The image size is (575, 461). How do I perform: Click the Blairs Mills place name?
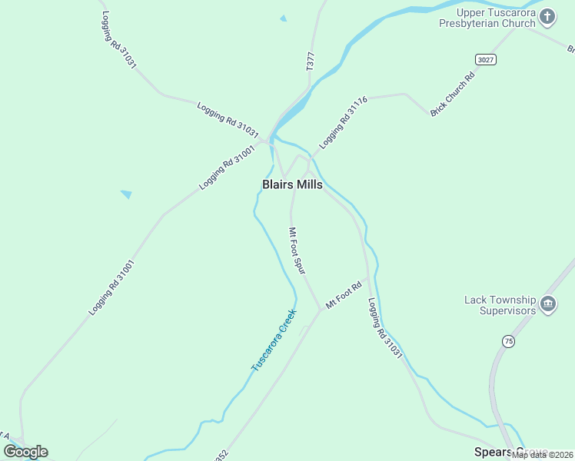[x=292, y=185]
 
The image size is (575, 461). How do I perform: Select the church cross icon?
[x=547, y=16]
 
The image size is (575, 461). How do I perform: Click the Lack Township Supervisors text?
[x=499, y=305]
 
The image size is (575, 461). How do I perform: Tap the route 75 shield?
[x=508, y=340]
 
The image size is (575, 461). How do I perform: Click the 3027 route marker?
[x=485, y=59]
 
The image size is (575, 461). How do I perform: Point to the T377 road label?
[x=311, y=62]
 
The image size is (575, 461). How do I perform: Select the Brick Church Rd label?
[x=454, y=91]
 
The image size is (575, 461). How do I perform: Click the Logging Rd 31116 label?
[x=344, y=121]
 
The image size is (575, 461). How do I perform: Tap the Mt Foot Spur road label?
[x=297, y=249]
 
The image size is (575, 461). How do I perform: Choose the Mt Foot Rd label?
[x=344, y=295]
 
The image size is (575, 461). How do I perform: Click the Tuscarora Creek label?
[x=274, y=340]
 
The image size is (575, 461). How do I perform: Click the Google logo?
[x=25, y=452]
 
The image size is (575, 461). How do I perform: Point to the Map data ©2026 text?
[x=543, y=455]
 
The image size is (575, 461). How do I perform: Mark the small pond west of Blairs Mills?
[x=126, y=194]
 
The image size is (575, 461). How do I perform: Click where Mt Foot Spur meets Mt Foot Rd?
[x=321, y=309]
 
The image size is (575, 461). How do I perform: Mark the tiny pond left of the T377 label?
[x=284, y=18]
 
